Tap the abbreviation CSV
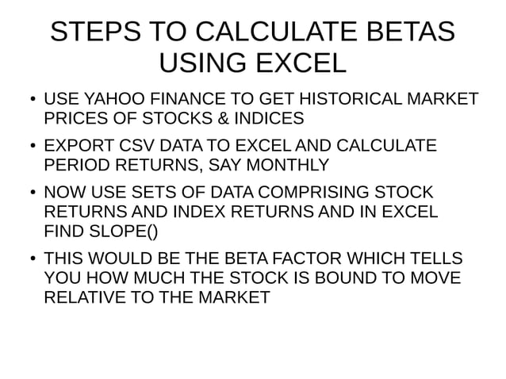click(132, 147)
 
